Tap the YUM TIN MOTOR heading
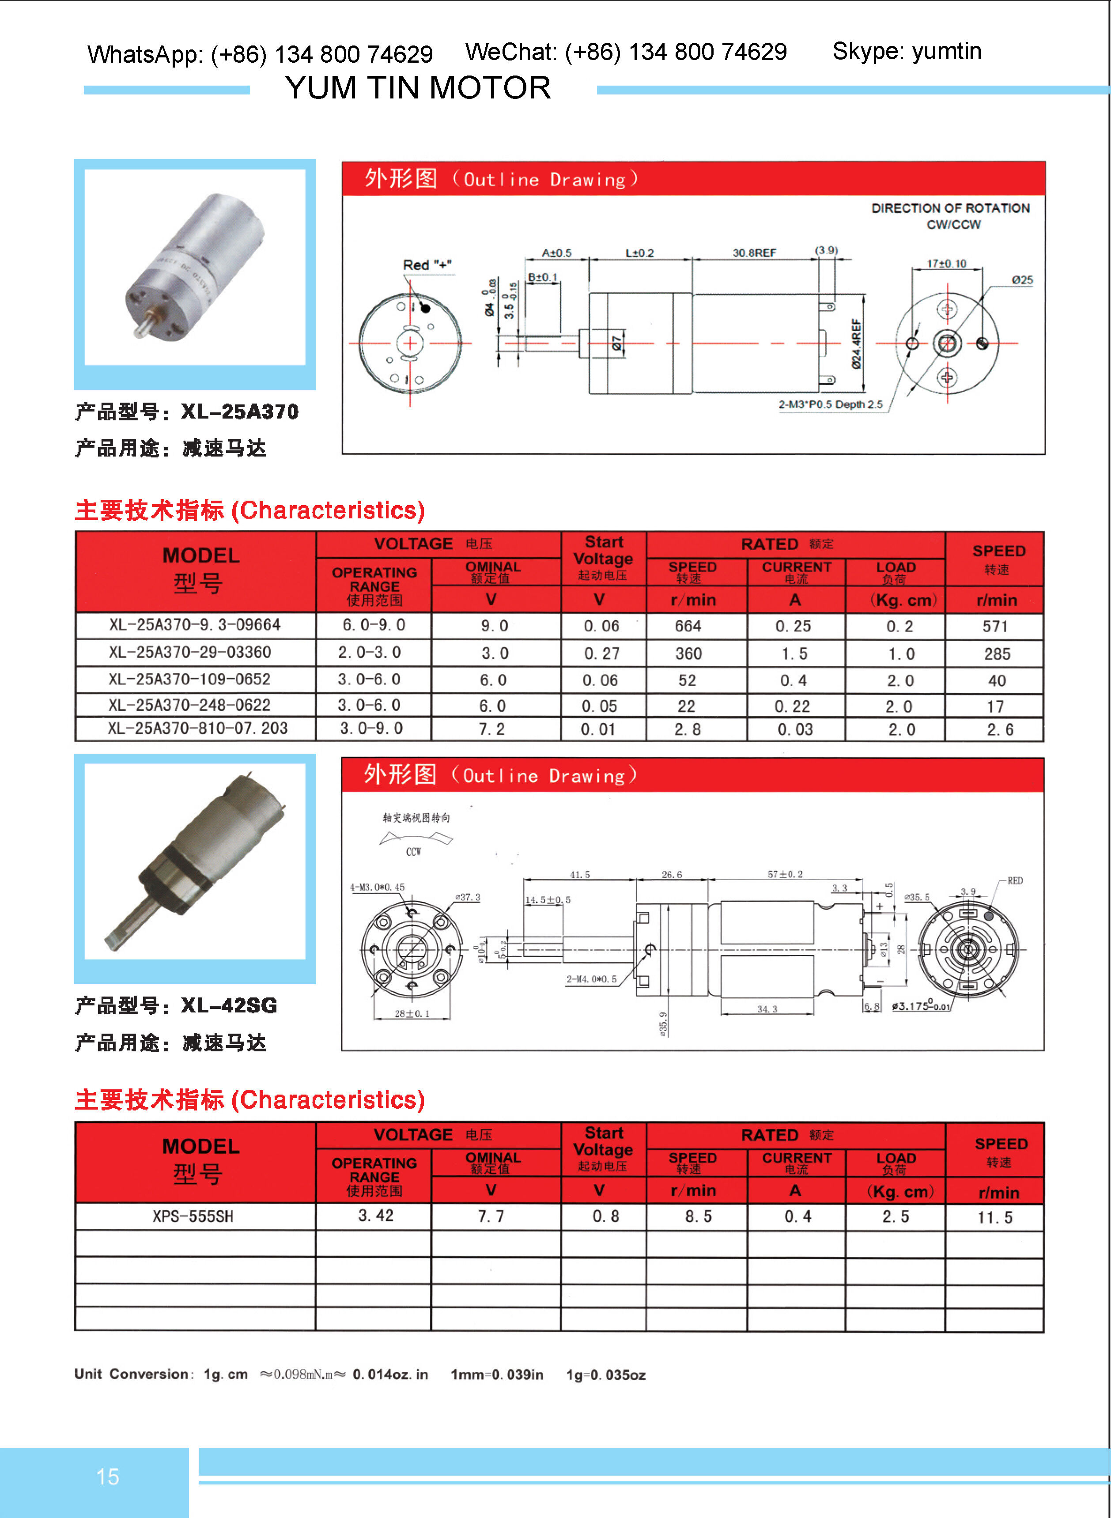click(418, 88)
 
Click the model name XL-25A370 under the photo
click(239, 412)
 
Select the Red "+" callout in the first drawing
click(427, 265)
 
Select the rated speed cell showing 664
click(688, 626)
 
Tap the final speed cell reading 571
click(995, 627)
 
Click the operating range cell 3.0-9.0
click(370, 728)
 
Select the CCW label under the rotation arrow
click(413, 852)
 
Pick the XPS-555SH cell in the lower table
click(193, 1216)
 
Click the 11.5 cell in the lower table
click(995, 1217)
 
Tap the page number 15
click(108, 1476)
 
